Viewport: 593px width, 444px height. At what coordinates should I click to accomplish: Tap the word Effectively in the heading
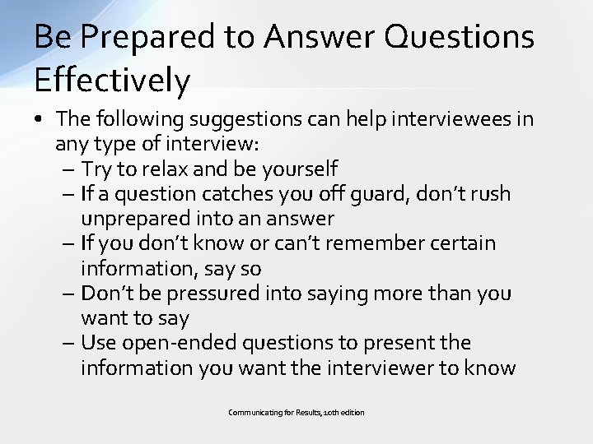click(x=113, y=81)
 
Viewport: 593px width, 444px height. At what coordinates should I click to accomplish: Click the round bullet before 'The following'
click(x=40, y=120)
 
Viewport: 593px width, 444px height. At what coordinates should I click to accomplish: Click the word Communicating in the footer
click(x=252, y=412)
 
